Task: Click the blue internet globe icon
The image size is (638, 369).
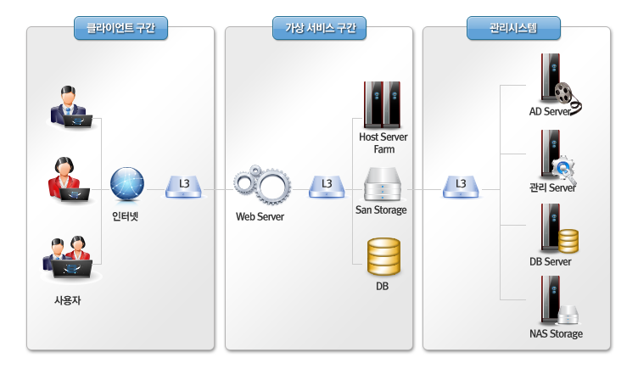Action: [x=127, y=184]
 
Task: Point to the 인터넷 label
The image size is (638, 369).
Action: [x=126, y=215]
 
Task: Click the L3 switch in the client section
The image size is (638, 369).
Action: [x=184, y=185]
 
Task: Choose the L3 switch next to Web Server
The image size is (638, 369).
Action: [x=326, y=185]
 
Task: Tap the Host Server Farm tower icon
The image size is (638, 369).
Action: [x=381, y=103]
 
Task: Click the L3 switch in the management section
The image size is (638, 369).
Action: [x=461, y=185]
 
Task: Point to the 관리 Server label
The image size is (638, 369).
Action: [x=552, y=187]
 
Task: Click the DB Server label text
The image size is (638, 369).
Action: [x=551, y=261]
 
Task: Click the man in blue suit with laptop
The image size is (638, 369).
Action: [x=70, y=108]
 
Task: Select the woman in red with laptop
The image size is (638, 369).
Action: [x=67, y=179]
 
